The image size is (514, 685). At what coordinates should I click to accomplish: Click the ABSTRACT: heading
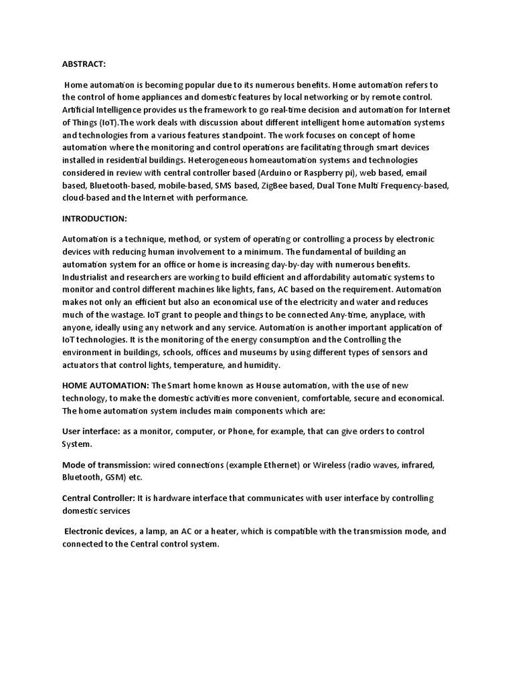tap(84, 64)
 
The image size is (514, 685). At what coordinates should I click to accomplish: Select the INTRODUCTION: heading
tap(94, 219)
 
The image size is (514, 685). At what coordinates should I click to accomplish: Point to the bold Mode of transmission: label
tap(106, 465)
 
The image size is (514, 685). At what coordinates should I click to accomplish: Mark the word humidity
tap(264, 365)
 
